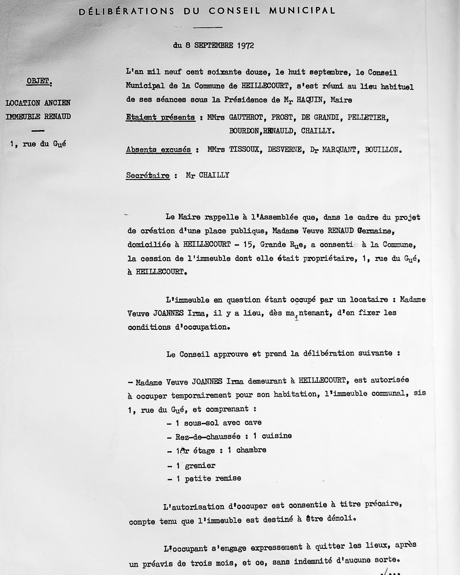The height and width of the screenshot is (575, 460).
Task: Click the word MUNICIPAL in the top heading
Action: [302, 11]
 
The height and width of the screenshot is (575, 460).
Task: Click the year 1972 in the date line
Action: [246, 46]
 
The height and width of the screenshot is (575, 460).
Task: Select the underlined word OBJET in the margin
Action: [38, 81]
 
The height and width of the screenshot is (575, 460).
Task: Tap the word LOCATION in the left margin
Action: [22, 103]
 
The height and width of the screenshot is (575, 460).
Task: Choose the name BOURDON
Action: [244, 131]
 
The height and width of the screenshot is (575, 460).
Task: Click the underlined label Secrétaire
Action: [148, 176]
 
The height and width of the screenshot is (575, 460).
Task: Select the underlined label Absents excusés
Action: [159, 150]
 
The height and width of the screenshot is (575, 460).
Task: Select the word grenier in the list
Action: [200, 466]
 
